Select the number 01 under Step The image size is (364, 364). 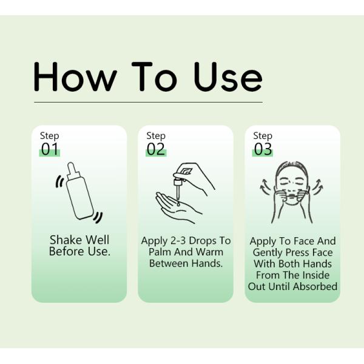[49, 149]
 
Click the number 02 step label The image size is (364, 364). [156, 149]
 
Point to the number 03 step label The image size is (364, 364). [263, 149]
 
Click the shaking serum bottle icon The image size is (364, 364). [79, 191]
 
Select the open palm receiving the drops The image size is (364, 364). [176, 206]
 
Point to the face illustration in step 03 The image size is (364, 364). [292, 188]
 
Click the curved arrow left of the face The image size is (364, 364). [265, 184]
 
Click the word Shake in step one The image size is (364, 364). [64, 240]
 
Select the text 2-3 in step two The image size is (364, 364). [180, 241]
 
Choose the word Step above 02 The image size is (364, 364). [156, 136]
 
